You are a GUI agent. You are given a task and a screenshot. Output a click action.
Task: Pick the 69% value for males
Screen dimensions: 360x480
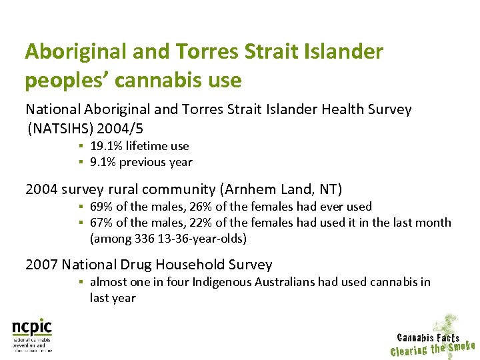coord(100,207)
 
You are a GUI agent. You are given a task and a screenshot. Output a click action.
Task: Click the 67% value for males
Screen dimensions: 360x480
coord(100,223)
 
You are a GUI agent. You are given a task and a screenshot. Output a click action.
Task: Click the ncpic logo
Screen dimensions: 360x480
coord(32,329)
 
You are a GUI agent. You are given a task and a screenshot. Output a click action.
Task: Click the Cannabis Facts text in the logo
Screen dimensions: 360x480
coord(428,337)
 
